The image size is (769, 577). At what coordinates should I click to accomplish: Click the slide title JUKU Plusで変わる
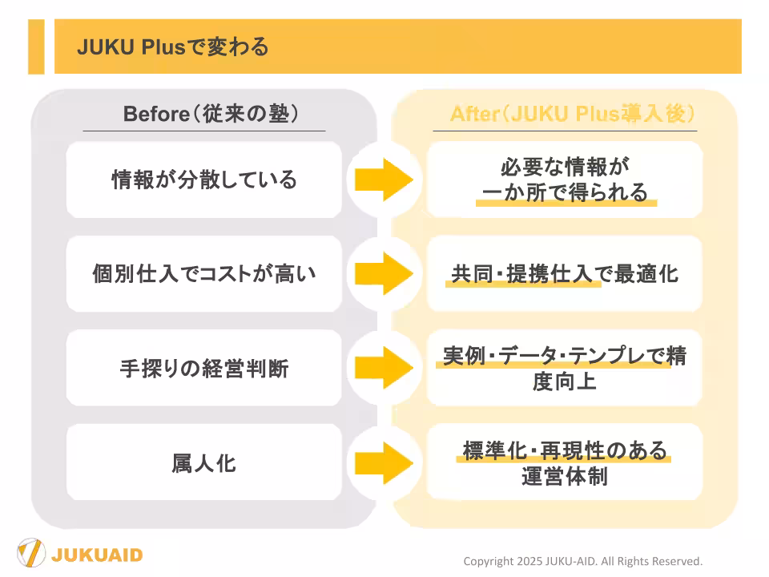[x=172, y=46]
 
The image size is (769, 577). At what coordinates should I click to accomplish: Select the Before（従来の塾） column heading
[x=211, y=114]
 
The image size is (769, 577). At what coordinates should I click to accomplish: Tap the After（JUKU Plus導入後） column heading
[x=572, y=114]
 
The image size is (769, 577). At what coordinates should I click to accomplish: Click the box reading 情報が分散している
[x=203, y=180]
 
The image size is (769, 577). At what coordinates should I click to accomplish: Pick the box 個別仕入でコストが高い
[x=203, y=274]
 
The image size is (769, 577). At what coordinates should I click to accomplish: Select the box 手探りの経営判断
[x=203, y=369]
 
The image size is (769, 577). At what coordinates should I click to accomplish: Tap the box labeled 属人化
[x=203, y=462]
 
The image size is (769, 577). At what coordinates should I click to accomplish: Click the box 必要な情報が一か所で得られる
[x=565, y=180]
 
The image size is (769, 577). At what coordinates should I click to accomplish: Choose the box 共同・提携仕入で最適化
[x=565, y=274]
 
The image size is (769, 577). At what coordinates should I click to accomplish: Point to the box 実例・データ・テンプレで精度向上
[x=565, y=368]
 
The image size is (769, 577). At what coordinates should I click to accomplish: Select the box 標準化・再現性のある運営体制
[x=565, y=462]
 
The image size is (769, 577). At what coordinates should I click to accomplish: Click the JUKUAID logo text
[x=97, y=555]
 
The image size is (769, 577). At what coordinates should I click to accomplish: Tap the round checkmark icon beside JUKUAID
[x=31, y=554]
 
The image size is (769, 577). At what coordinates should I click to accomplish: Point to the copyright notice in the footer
[x=582, y=561]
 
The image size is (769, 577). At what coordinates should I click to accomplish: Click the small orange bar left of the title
[x=36, y=46]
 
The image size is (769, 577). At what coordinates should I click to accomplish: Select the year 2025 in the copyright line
[x=534, y=561]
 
